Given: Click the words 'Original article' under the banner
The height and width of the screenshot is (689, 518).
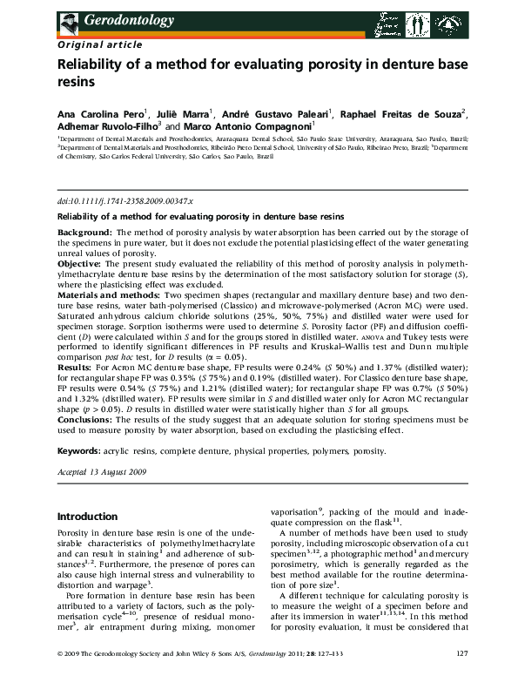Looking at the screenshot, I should [95, 43].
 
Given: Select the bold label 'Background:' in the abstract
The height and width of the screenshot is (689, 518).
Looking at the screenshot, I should [84, 233].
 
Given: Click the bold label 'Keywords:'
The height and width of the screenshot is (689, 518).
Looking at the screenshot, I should [79, 452].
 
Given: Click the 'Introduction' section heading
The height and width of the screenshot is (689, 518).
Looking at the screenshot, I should [87, 517].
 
